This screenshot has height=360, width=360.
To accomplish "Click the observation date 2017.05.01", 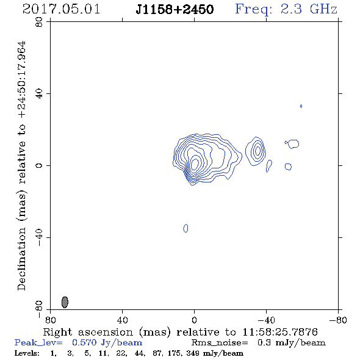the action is coord(61,9).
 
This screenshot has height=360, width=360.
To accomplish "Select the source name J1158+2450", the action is coord(175,9).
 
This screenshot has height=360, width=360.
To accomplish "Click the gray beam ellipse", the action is coord(65,302).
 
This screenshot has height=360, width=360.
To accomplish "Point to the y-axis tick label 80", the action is coord(39,22).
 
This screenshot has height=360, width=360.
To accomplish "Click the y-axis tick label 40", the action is coord(39,94).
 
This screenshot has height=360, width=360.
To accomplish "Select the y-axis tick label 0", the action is coord(39,165).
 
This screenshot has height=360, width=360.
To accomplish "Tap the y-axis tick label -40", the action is coord(39,237).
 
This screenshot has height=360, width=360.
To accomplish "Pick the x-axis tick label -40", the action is coord(266,320).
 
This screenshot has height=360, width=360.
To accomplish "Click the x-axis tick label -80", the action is coord(338,320).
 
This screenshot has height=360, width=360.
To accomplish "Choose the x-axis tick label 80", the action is coord(50,320).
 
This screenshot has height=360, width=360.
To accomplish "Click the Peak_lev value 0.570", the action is coord(84,342).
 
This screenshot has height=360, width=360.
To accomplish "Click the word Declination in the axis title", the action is coord(21,259).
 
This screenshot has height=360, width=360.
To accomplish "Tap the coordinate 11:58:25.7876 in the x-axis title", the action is coord(280,332).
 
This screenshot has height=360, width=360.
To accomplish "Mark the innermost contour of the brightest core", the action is coord(195,164).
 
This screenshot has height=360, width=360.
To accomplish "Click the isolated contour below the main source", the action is coord(185,228).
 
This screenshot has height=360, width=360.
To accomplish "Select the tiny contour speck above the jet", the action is coord(301,106).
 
